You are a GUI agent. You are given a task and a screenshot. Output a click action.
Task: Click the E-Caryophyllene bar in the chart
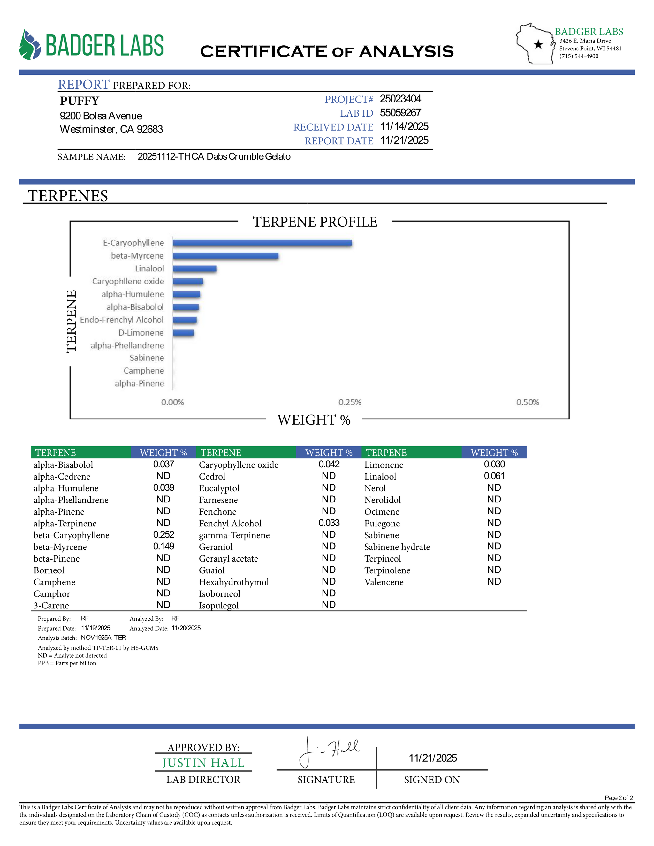click(x=262, y=243)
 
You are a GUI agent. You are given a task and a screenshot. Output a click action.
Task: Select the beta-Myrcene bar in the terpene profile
click(x=225, y=256)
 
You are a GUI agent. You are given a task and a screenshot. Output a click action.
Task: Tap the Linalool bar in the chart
click(x=194, y=268)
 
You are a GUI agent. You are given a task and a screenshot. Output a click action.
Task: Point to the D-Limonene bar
click(x=183, y=333)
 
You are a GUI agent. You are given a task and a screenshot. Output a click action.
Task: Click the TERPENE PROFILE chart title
click(x=315, y=222)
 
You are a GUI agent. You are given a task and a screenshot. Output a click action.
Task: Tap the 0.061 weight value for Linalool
click(x=494, y=476)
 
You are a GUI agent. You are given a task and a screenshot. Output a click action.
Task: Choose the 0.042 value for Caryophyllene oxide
click(x=329, y=464)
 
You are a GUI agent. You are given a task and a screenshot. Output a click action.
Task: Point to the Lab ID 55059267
click(x=400, y=113)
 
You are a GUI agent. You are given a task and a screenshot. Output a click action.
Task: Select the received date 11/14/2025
click(x=404, y=127)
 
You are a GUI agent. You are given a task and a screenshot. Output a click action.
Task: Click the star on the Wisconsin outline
click(x=538, y=45)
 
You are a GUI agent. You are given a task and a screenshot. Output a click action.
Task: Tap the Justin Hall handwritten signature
click(x=329, y=752)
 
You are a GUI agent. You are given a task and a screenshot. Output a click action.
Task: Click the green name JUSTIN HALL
click(x=203, y=763)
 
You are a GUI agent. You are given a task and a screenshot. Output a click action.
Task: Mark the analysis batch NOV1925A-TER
click(x=103, y=638)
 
